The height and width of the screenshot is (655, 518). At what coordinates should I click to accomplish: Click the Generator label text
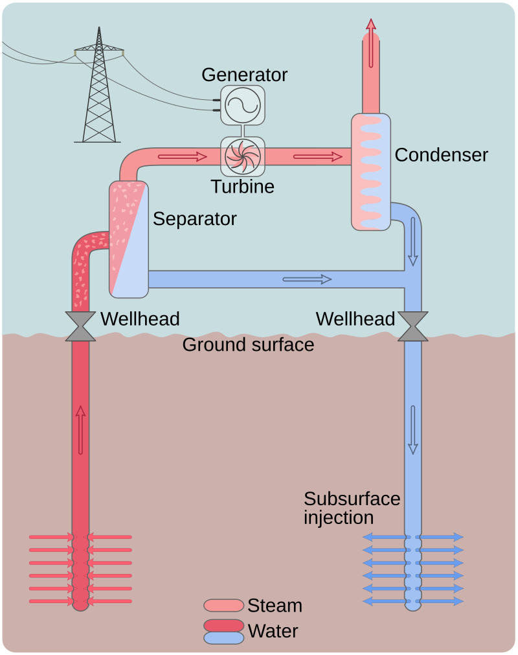[x=244, y=75]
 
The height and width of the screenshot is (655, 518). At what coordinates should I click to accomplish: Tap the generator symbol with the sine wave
[x=242, y=104]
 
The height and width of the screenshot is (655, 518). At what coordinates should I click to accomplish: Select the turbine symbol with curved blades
[x=242, y=156]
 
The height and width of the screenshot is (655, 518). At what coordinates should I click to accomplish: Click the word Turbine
[x=242, y=187]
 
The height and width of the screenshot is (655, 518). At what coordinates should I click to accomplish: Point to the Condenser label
[x=441, y=155]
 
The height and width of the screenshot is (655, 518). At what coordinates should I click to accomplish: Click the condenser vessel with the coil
[x=371, y=172]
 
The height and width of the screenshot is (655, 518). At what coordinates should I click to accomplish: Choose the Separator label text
[x=194, y=219]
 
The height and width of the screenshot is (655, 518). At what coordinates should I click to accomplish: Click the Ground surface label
[x=248, y=344]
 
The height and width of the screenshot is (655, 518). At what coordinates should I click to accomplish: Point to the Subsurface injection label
[x=352, y=508]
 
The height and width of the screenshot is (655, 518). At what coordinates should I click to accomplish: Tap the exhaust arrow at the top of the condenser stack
[x=370, y=43]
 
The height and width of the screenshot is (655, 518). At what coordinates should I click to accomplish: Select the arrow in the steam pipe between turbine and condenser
[x=317, y=156]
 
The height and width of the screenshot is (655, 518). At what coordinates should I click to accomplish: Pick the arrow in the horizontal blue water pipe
[x=307, y=279]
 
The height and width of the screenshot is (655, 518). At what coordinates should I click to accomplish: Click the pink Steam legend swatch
[x=223, y=606]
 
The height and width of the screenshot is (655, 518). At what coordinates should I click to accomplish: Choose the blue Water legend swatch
[x=223, y=637]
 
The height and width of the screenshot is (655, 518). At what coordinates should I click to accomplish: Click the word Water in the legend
[x=273, y=630]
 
